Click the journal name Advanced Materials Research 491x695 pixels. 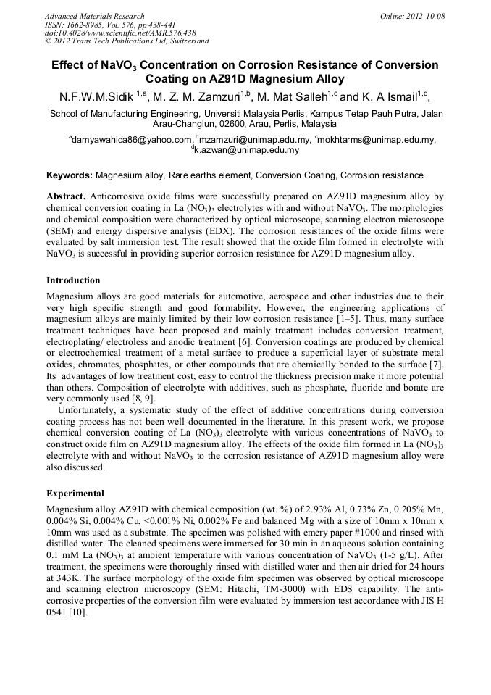pyautogui.click(x=94, y=16)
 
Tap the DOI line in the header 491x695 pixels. pyautogui.click(x=120, y=33)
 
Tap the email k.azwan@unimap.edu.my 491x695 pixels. pyautogui.click(x=247, y=150)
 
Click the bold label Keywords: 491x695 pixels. pyautogui.click(x=70, y=175)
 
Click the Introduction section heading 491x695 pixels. pyautogui.click(x=73, y=280)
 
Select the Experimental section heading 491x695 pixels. pyautogui.click(x=75, y=493)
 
